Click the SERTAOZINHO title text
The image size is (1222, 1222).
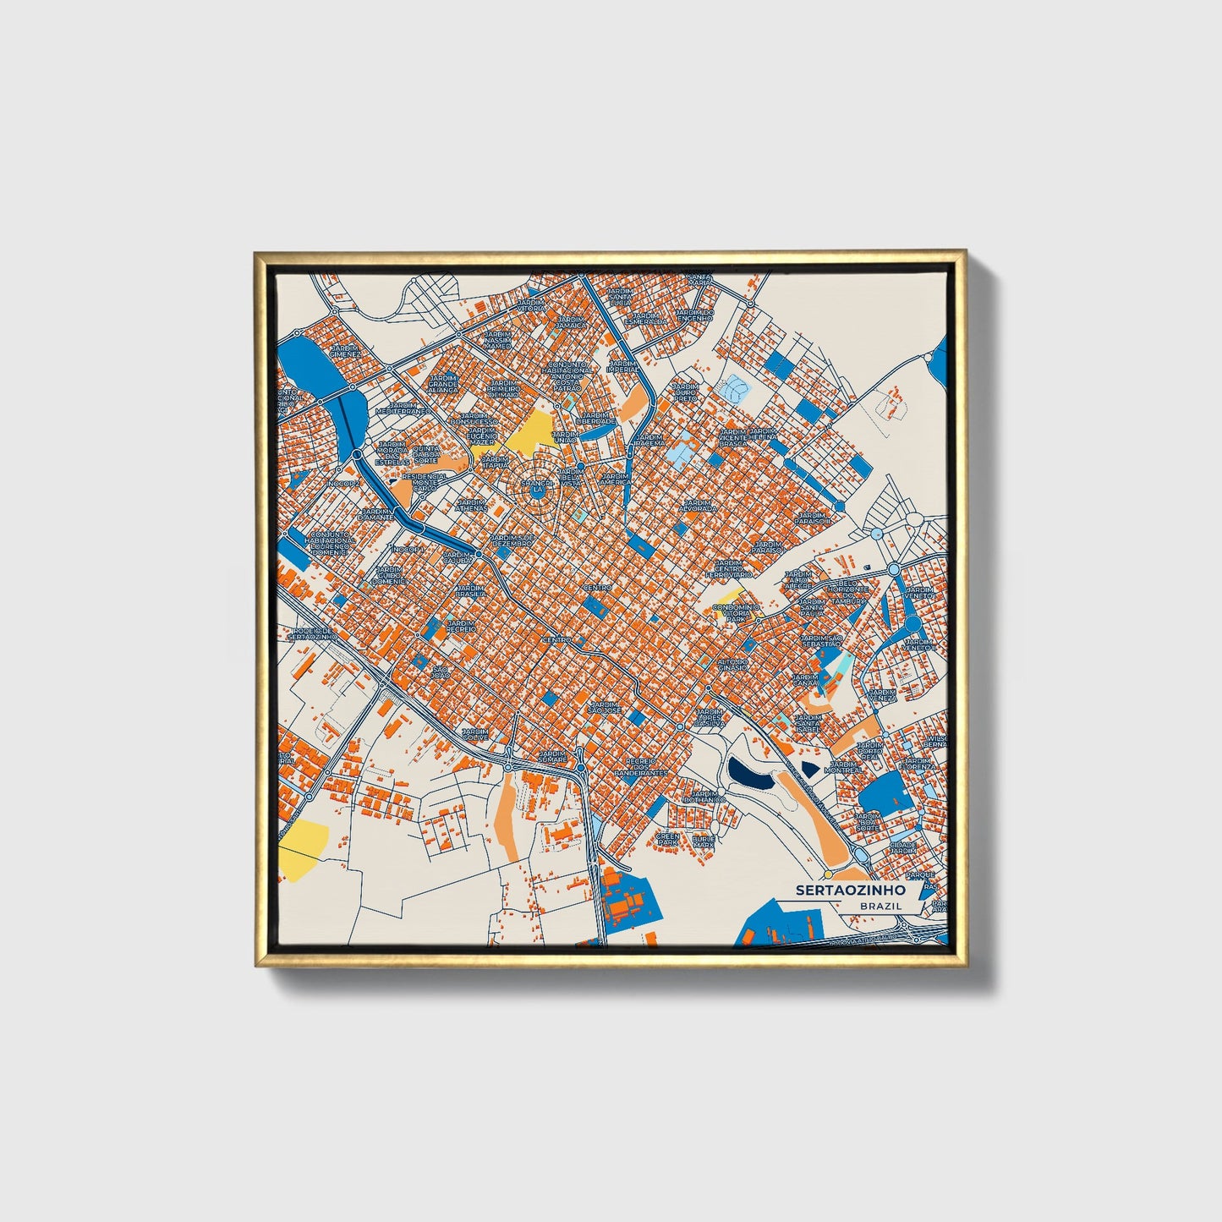850,890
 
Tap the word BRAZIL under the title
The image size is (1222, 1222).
880,906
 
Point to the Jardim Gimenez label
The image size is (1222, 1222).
346,351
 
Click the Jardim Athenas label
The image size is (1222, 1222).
471,504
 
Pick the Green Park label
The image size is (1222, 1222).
668,840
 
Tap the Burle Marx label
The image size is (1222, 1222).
704,841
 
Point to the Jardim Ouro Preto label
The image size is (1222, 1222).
685,392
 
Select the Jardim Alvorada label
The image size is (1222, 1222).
699,506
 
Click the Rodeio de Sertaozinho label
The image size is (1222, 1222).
313,633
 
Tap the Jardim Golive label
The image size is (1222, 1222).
474,734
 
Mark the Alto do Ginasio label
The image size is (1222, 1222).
733,664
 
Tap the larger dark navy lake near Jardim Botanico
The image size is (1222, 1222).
749,773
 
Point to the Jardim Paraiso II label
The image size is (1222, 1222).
813,518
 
